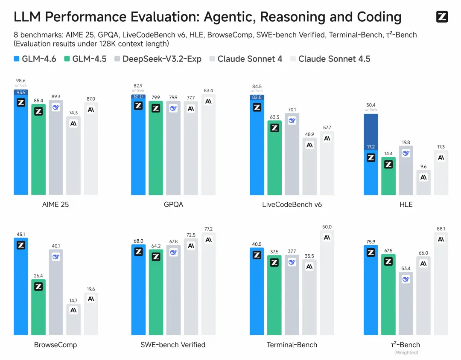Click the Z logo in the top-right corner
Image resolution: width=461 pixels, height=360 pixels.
(x=442, y=17)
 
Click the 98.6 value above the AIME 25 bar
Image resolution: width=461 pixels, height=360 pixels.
(x=20, y=81)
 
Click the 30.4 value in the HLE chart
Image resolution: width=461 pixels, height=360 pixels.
(x=371, y=105)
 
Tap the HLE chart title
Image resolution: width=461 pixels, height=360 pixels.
(x=406, y=204)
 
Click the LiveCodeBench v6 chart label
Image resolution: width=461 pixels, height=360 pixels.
(x=292, y=204)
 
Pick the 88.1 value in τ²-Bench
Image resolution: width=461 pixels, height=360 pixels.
(x=441, y=228)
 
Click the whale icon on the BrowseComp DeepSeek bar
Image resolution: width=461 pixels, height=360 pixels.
(x=56, y=257)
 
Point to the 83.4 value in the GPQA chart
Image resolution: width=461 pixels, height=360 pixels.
(x=208, y=90)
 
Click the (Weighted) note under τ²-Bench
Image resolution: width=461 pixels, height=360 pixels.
(x=406, y=353)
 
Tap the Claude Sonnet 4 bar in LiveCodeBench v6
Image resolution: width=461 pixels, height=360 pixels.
(x=309, y=166)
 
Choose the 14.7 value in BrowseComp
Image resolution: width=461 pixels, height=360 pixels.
(x=73, y=300)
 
